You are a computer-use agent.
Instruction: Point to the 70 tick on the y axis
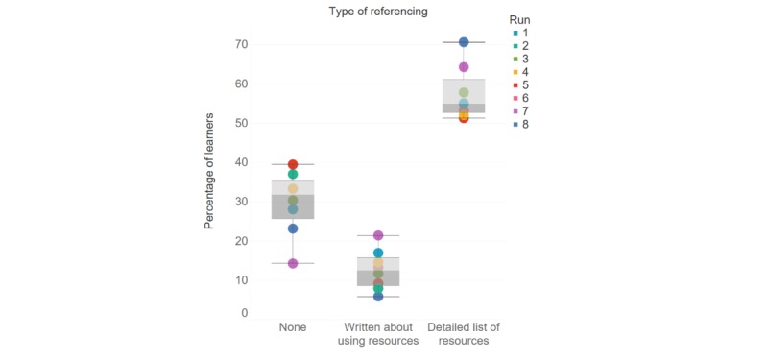(242, 45)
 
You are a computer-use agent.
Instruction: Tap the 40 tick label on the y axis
(242, 163)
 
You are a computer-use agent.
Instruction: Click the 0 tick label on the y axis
(245, 313)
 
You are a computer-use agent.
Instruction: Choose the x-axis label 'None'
(293, 327)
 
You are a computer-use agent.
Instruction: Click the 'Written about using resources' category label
(378, 334)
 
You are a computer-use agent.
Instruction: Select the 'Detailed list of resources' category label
(464, 334)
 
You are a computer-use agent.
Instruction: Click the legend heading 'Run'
(519, 18)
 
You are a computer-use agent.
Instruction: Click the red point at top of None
(293, 165)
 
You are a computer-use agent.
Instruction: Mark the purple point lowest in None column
(293, 263)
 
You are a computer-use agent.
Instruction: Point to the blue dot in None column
(293, 228)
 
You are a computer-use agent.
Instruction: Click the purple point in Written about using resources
(378, 235)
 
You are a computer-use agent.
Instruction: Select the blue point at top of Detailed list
(464, 42)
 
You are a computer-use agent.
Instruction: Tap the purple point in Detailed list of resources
(464, 67)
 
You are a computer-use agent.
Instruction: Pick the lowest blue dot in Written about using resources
(378, 297)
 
